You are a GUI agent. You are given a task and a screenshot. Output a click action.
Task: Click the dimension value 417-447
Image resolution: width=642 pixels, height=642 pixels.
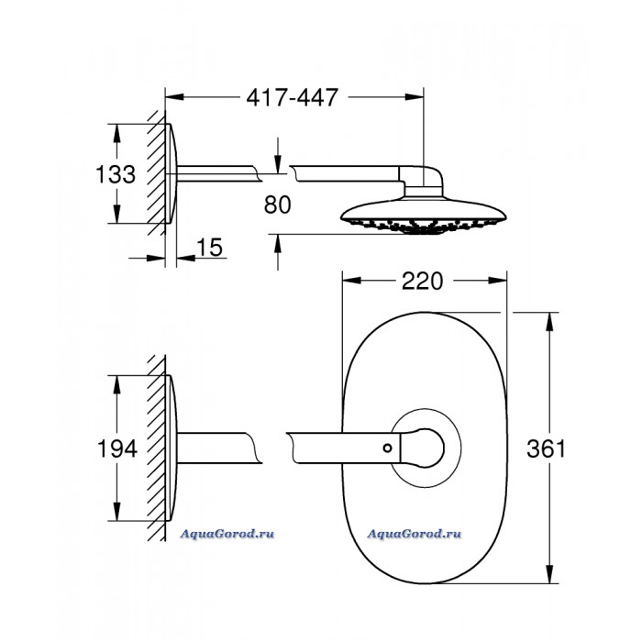point(292,97)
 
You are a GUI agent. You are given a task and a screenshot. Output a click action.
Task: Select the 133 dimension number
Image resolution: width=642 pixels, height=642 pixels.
point(116,174)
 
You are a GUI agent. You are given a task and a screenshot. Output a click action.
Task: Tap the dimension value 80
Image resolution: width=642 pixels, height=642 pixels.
point(278,205)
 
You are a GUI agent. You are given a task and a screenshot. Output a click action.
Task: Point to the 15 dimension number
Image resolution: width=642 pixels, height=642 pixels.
point(210,248)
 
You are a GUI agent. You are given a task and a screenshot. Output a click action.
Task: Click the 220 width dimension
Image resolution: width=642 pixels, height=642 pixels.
point(422,281)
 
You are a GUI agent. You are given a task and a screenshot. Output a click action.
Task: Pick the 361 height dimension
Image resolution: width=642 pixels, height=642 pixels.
point(547,448)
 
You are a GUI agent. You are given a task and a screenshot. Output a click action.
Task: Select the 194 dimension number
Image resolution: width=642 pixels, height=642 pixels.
point(117,448)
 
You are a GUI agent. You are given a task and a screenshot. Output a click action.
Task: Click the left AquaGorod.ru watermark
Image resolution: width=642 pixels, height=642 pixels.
point(227,534)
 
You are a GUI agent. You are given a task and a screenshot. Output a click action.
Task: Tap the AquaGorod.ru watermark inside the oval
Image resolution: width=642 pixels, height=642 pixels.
point(414,534)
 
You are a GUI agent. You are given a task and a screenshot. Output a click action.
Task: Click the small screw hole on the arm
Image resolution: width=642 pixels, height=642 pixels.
point(387,448)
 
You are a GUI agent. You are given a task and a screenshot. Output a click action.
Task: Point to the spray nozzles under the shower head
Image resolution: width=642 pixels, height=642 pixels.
point(424,226)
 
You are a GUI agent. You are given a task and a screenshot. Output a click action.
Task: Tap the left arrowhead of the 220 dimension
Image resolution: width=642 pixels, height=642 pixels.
point(351,281)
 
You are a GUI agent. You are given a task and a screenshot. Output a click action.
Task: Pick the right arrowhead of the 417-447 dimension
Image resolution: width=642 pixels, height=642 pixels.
point(415,97)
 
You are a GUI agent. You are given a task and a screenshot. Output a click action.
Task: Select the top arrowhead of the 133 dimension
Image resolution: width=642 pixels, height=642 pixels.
point(117,133)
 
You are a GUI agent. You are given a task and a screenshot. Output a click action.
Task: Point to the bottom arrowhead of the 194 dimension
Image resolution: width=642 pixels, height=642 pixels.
point(117,512)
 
